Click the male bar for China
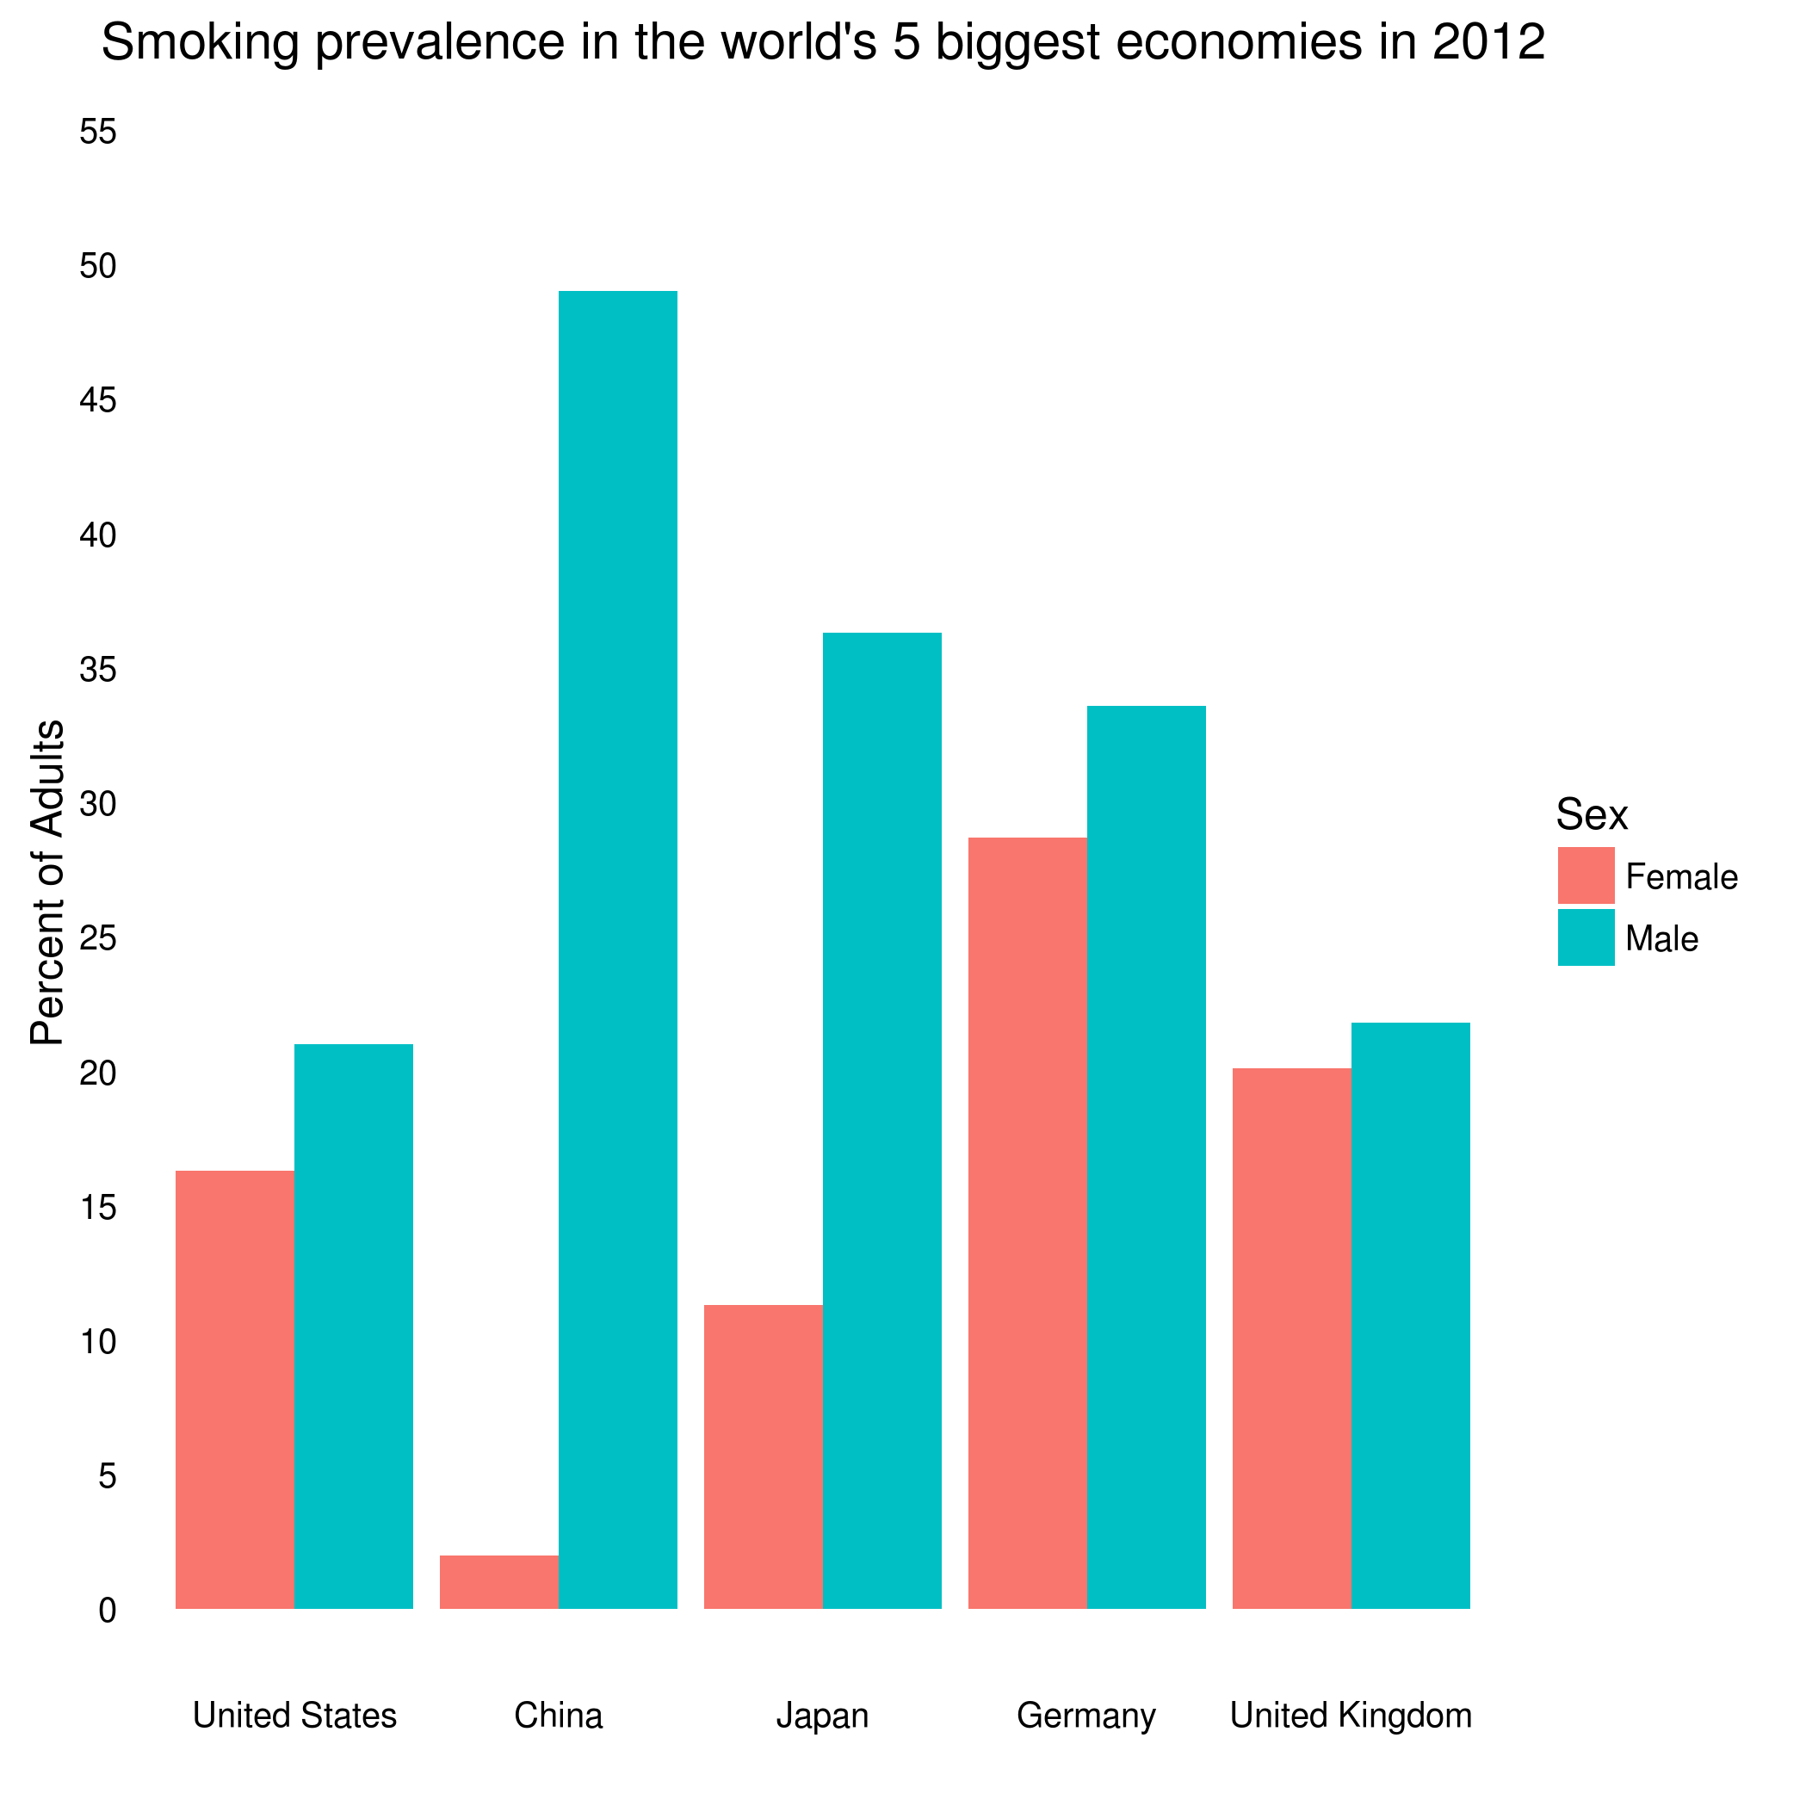pyautogui.click(x=618, y=949)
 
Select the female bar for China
pyautogui.click(x=499, y=1581)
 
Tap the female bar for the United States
pyautogui.click(x=235, y=1389)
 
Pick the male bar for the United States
pyautogui.click(x=353, y=1326)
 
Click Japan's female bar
pyautogui.click(x=763, y=1457)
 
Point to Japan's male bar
pyautogui.click(x=881, y=1120)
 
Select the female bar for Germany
pyautogui.click(x=1027, y=1222)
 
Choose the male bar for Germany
pyautogui.click(x=1146, y=1156)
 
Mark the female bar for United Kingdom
pyautogui.click(x=1292, y=1338)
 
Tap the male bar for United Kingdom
pyautogui.click(x=1411, y=1315)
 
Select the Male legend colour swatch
pyautogui.click(x=1586, y=937)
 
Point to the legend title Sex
pyautogui.click(x=1591, y=815)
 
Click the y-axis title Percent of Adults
pyautogui.click(x=46, y=882)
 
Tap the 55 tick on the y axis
pyautogui.click(x=98, y=132)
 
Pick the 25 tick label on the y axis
pyautogui.click(x=98, y=938)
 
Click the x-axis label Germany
pyautogui.click(x=1086, y=1716)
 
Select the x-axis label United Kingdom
pyautogui.click(x=1351, y=1716)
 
